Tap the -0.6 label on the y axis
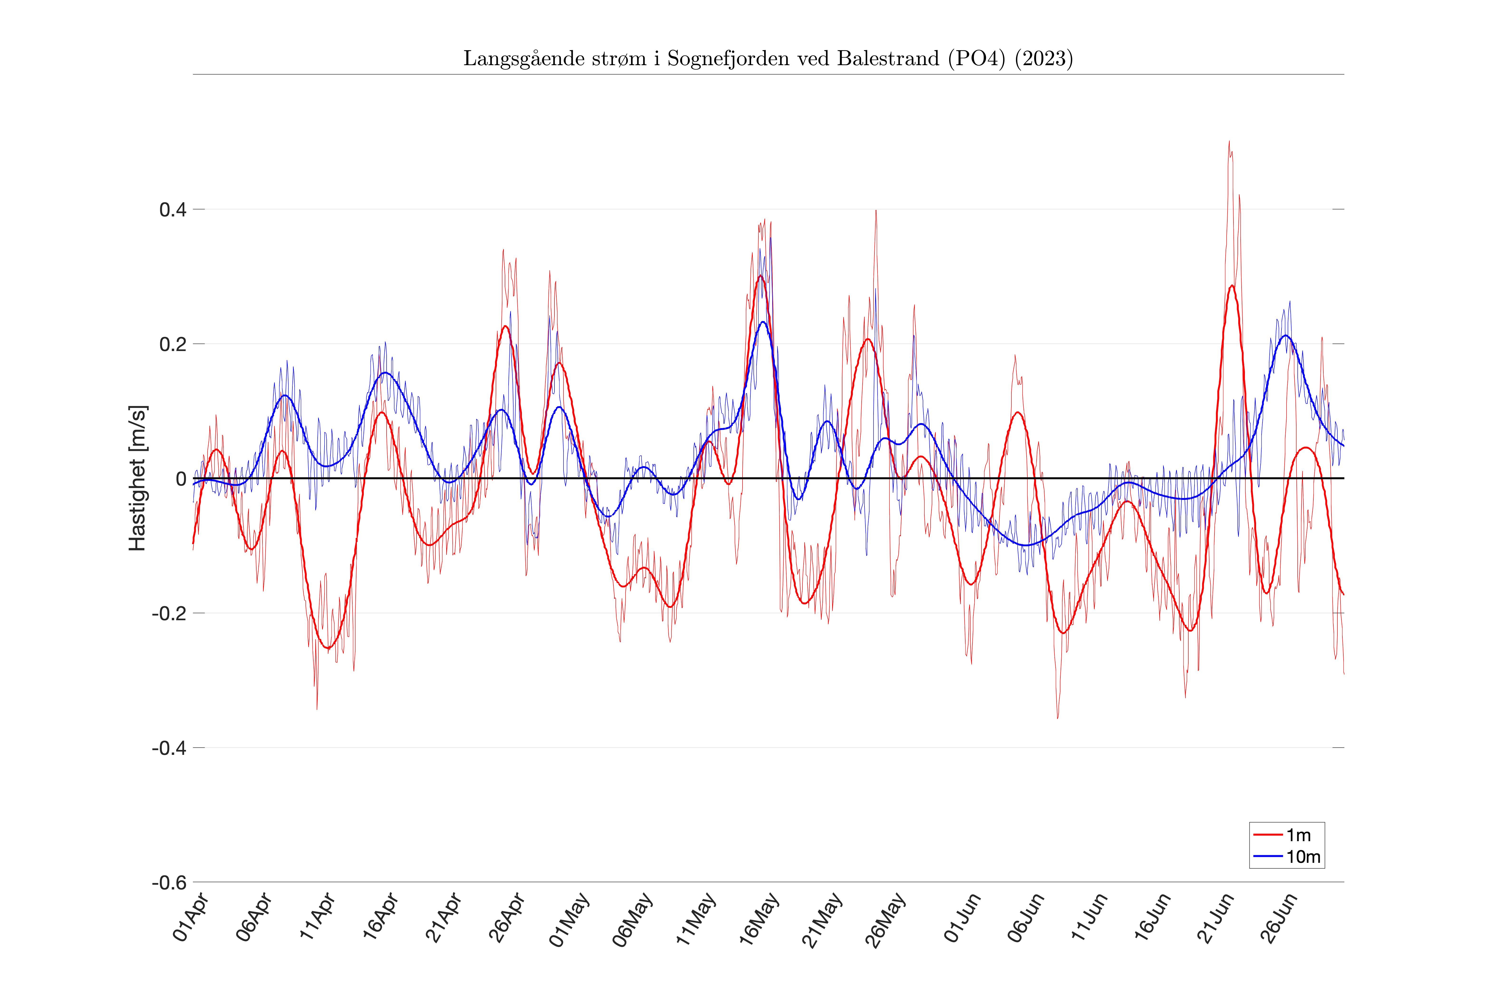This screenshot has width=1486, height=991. (x=169, y=882)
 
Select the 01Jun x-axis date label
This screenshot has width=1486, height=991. (x=962, y=918)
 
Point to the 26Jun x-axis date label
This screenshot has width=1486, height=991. (x=1279, y=918)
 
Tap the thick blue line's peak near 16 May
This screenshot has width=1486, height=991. (x=763, y=322)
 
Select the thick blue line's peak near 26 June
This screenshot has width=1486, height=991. (x=1285, y=336)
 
